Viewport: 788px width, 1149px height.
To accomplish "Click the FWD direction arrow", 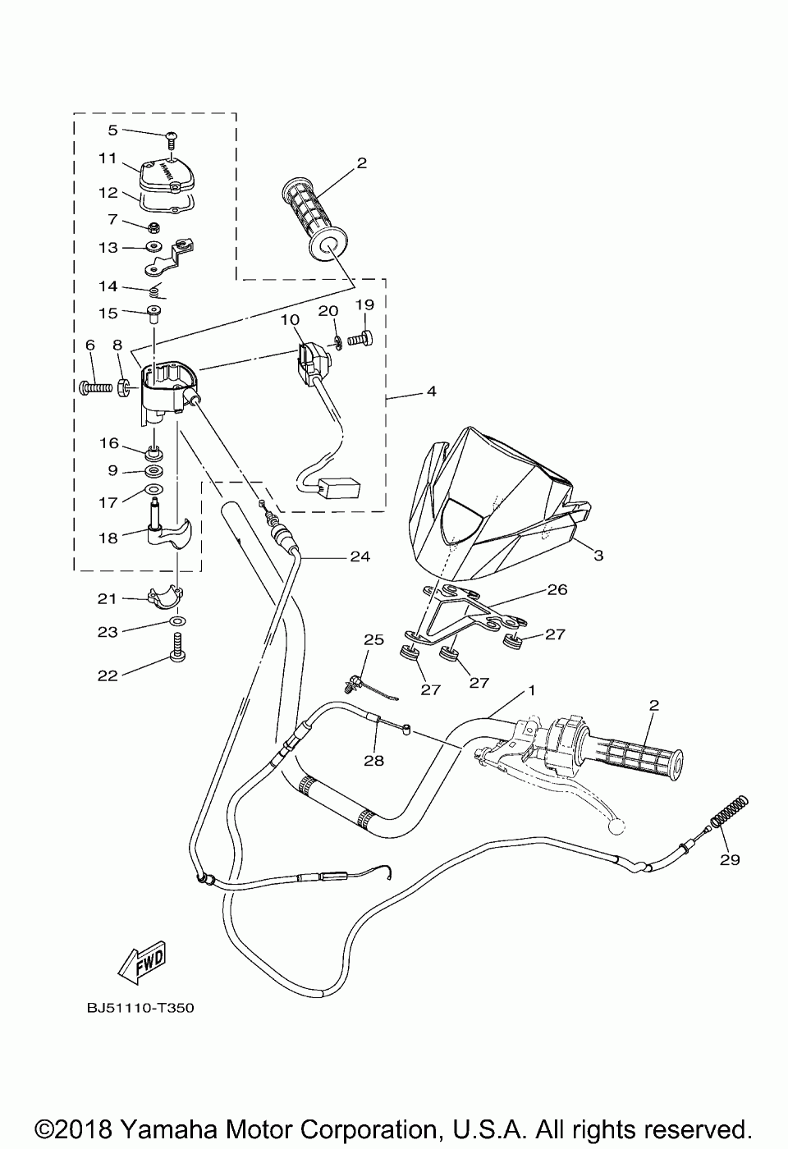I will point(142,961).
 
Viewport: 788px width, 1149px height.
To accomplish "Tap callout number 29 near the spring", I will point(730,859).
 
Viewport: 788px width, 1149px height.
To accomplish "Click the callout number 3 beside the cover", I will point(598,556).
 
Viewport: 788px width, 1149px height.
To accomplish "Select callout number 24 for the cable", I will point(360,556).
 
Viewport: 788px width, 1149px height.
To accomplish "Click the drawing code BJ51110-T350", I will point(140,1007).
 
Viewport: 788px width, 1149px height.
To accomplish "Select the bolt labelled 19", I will point(362,336).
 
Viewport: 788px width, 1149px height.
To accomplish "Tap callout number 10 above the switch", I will point(289,318).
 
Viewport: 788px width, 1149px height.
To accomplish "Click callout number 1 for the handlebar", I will point(531,690).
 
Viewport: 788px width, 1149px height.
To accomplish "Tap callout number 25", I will point(373,639).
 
